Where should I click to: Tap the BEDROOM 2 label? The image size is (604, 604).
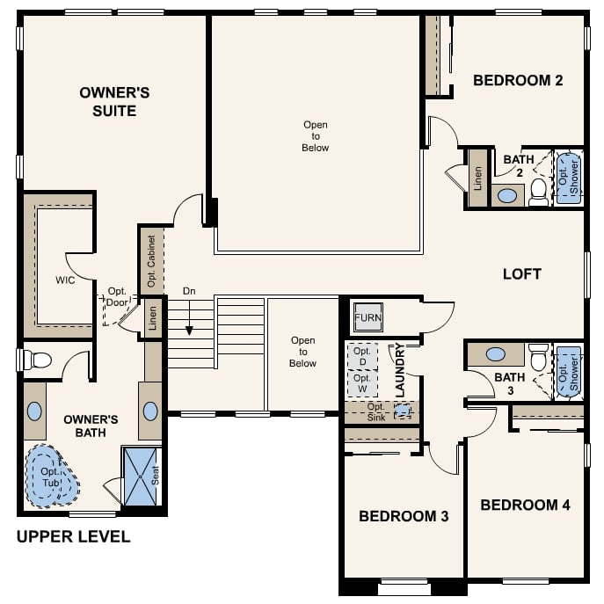[x=518, y=81]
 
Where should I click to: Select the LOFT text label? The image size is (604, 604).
[x=521, y=273]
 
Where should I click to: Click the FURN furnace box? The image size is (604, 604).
[x=367, y=317]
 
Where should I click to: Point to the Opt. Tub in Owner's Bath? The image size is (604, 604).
[x=49, y=477]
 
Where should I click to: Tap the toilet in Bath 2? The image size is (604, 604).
[x=538, y=193]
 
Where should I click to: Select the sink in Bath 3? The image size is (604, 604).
[x=495, y=354]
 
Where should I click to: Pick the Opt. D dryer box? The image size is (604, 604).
[x=362, y=356]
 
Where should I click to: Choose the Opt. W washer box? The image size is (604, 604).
[x=362, y=383]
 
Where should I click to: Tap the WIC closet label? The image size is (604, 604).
[x=65, y=280]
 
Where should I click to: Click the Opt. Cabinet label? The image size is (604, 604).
[x=150, y=260]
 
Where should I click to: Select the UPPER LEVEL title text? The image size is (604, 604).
[x=74, y=536]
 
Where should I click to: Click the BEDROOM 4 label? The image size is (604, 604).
[x=525, y=505]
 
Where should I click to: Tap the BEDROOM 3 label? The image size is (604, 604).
[x=404, y=516]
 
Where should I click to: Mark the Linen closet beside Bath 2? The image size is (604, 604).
[x=477, y=178]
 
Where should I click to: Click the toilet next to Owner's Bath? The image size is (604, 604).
[x=36, y=360]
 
